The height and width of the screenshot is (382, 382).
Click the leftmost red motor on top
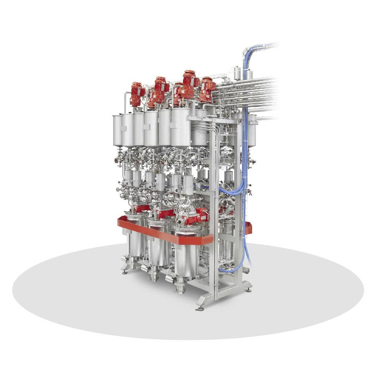(136, 94)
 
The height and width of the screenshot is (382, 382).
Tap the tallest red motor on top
(188, 84)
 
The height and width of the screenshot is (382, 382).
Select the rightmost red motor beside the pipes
(207, 89)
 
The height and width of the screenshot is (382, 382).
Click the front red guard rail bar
(164, 233)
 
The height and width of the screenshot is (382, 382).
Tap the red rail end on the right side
(248, 228)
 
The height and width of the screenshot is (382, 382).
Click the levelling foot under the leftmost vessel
(125, 272)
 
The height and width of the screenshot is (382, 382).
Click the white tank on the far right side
(253, 132)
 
